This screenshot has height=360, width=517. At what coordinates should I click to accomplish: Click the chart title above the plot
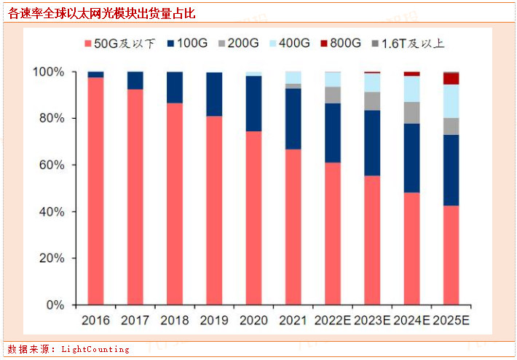(101, 14)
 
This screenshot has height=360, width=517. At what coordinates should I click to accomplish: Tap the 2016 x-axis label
(95, 320)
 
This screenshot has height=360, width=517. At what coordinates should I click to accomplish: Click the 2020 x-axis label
(253, 320)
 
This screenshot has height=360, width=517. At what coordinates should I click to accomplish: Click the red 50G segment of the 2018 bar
(175, 204)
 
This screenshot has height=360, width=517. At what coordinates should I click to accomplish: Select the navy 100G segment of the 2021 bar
(293, 119)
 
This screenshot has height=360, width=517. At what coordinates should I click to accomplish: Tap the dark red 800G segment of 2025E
(451, 79)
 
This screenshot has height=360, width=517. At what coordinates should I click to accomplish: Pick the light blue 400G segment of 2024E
(411, 89)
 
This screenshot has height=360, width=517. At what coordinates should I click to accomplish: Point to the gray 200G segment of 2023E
(372, 101)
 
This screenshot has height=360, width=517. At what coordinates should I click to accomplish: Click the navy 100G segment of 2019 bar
(214, 95)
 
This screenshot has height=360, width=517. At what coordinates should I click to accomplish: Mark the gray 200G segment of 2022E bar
(333, 95)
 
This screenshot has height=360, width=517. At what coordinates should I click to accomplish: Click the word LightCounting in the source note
(95, 350)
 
